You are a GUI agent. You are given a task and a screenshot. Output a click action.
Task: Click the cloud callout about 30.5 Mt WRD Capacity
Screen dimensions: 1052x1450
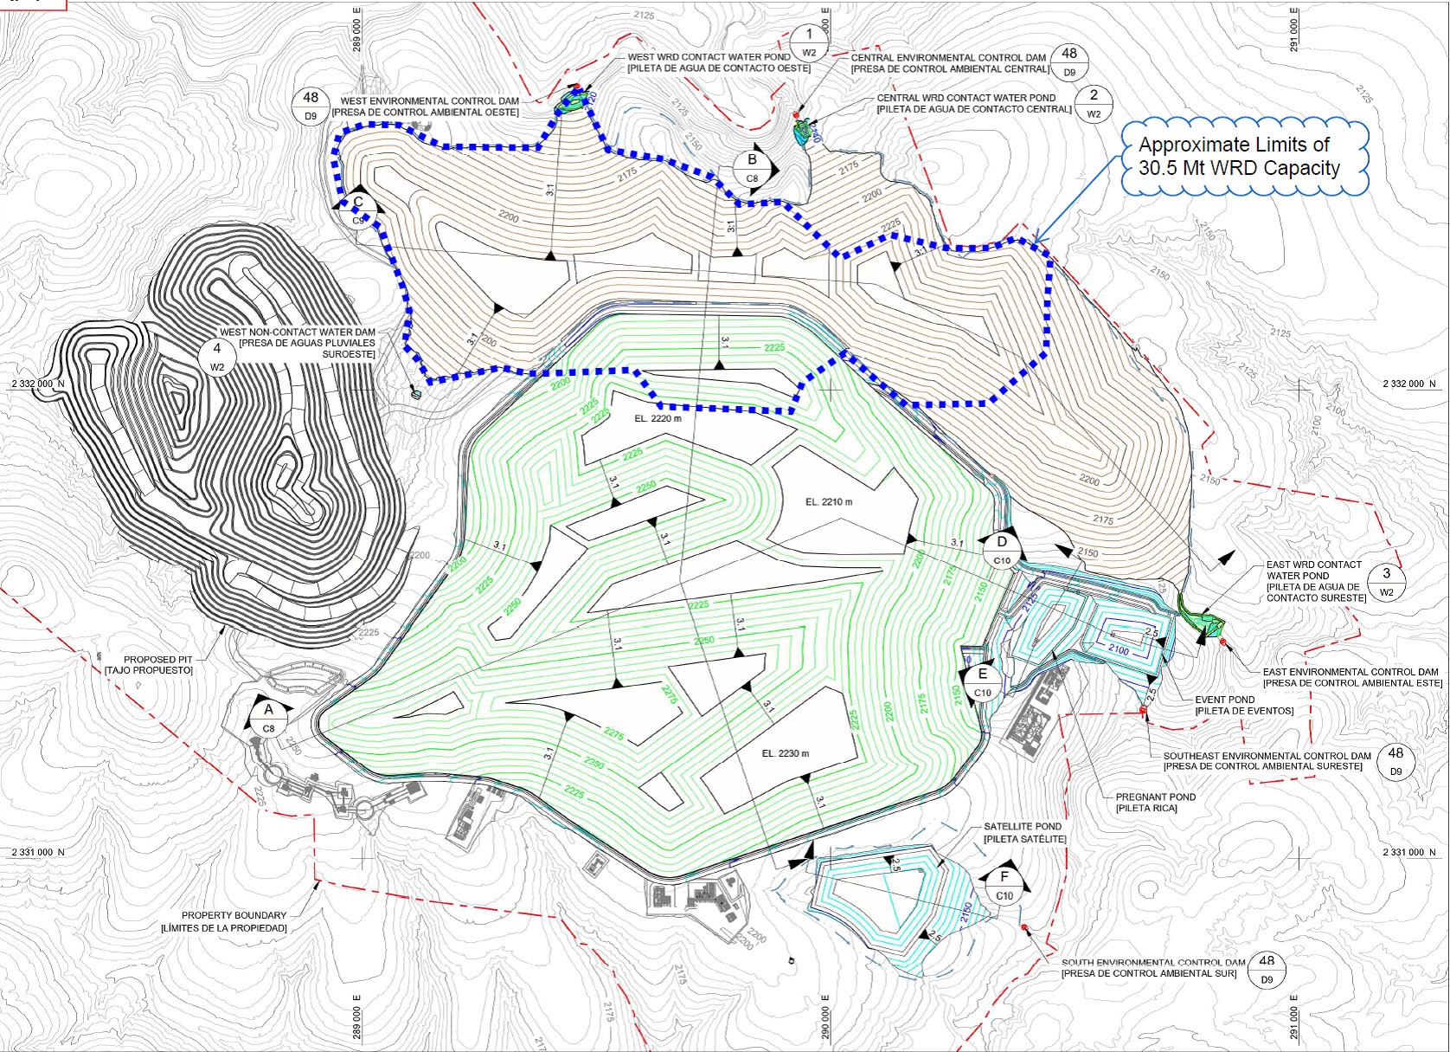point(1244,158)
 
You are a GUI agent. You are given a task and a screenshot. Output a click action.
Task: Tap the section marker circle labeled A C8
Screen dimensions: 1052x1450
point(269,717)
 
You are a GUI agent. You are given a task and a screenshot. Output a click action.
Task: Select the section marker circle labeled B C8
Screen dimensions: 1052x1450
point(752,168)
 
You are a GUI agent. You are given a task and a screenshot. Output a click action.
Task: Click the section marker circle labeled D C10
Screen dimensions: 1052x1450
point(1002,550)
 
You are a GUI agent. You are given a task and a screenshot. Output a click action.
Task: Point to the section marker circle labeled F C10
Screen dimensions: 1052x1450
point(1004,884)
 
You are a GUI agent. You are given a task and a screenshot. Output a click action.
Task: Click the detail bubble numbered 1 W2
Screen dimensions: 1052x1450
point(809,42)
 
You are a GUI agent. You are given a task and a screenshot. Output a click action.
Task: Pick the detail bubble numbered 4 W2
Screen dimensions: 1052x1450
point(217,356)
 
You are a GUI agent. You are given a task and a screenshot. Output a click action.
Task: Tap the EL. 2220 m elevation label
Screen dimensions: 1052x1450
point(658,418)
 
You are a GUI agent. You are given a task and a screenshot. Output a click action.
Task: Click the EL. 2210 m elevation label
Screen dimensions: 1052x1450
point(829,502)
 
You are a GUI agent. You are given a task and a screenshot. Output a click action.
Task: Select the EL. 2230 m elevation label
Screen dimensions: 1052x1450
point(786,753)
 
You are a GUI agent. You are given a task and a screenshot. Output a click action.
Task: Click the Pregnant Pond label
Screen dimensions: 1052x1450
point(1155,803)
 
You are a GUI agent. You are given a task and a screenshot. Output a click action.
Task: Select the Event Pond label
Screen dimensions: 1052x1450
point(1243,705)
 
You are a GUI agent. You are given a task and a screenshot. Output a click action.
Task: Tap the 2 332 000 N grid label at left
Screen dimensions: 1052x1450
point(37,384)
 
